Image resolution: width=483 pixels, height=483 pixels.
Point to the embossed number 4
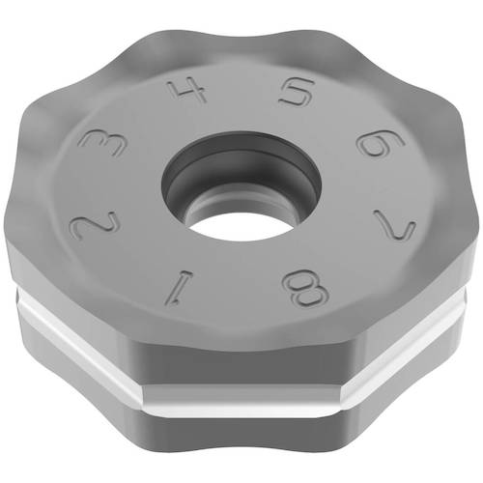(x=186, y=94)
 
